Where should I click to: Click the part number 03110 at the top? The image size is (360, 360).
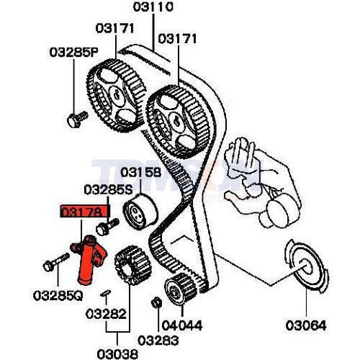(x=153, y=9)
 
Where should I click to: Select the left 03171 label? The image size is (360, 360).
(x=114, y=28)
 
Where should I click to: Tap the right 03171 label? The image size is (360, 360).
(x=177, y=37)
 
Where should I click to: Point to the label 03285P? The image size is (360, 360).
(x=73, y=52)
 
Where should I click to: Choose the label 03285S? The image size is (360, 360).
(x=108, y=190)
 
